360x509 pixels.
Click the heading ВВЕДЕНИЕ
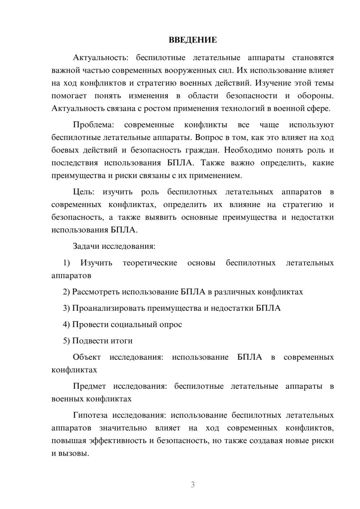193,40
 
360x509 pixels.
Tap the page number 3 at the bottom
193,485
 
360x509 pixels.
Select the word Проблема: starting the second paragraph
93,125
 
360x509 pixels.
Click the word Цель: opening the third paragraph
84,192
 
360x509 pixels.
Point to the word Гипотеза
90,415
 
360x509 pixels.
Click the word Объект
87,357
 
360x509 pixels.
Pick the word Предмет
89,386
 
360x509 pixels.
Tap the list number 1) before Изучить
66,263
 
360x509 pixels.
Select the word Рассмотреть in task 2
96,292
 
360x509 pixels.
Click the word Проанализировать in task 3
109,308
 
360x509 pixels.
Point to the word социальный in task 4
134,324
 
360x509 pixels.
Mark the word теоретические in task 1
150,263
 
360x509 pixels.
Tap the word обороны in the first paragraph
315,96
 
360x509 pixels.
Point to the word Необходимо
248,150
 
